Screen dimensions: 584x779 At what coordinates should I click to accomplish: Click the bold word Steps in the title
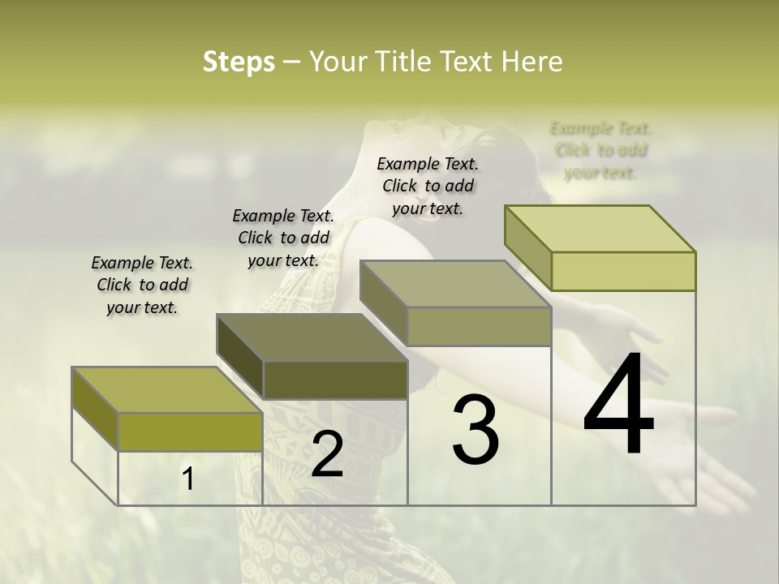[238, 62]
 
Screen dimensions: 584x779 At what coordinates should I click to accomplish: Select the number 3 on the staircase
[475, 429]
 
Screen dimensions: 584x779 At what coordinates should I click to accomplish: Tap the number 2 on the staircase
[327, 454]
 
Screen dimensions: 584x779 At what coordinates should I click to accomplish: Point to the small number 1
[188, 479]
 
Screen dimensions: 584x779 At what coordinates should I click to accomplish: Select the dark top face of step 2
[312, 337]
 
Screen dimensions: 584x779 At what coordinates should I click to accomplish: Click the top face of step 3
[455, 284]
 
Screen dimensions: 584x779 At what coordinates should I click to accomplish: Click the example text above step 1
[142, 285]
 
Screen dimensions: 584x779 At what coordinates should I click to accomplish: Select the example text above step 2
[283, 238]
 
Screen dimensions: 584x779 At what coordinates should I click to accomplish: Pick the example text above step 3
[428, 186]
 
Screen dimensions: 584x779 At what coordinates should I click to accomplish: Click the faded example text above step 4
[600, 150]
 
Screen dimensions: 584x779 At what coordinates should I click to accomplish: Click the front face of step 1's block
[190, 432]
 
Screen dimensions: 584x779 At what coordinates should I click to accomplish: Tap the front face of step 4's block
[623, 271]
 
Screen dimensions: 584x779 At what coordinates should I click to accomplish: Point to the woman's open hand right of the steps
[690, 454]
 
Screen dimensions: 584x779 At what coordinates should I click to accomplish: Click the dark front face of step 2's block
[335, 380]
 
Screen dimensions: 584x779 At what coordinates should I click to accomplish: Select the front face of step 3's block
[479, 327]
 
